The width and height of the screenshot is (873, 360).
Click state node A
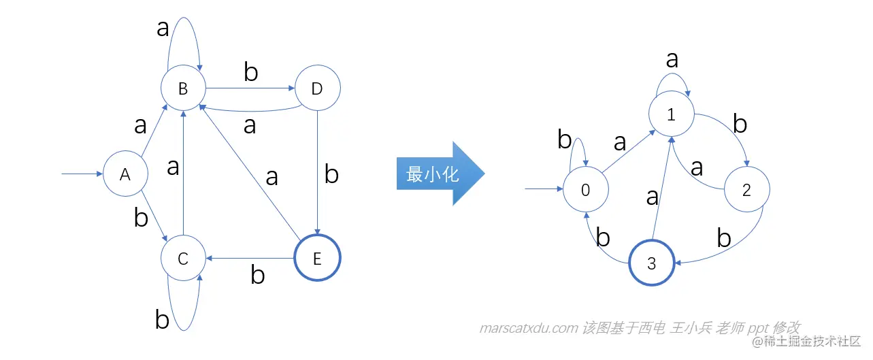coord(125,174)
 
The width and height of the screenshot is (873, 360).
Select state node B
coord(182,88)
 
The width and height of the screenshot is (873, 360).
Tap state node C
coord(182,258)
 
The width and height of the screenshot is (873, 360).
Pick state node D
coord(317,88)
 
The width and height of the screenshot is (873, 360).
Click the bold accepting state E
coord(316,258)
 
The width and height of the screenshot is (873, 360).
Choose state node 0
coord(585,191)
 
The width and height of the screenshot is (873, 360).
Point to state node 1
coord(671,114)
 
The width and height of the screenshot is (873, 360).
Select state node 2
coord(746,191)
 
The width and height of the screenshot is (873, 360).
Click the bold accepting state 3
coord(651,263)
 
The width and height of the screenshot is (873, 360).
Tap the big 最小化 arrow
coord(439,174)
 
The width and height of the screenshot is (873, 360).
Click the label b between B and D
coord(251,72)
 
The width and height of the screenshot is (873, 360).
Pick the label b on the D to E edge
coord(331,174)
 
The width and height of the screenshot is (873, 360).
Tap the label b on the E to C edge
coord(257,275)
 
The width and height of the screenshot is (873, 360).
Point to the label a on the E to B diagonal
coord(271,177)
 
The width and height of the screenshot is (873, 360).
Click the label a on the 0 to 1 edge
coord(619,142)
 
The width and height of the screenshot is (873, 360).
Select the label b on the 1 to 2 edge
coord(740,125)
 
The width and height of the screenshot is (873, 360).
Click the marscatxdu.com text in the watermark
coord(528,328)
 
